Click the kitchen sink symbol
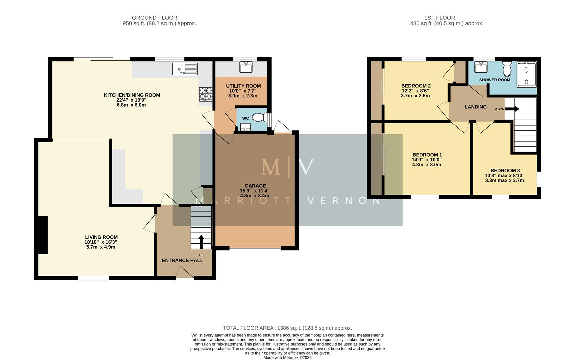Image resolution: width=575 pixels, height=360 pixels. [185, 69]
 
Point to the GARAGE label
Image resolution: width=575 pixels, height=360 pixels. [255, 186]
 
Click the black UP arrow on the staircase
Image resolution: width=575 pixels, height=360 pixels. [201, 242]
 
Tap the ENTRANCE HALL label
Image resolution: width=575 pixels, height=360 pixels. [182, 260]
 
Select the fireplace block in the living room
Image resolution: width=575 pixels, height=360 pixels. [43, 235]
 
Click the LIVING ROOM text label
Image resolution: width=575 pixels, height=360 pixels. [101, 237]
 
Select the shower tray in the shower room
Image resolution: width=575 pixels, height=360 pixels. [526, 75]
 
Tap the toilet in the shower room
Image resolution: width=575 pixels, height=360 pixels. [507, 69]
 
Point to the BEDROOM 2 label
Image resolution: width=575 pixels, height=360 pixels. [416, 86]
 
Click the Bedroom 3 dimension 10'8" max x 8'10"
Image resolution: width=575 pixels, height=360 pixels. [504, 175]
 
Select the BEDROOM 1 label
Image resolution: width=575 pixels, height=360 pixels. [427, 155]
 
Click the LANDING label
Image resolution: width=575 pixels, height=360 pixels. [475, 107]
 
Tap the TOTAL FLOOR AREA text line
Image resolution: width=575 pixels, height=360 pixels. [287, 328]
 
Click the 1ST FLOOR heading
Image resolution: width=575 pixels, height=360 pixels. [439, 18]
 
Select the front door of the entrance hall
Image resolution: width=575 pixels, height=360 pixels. [185, 274]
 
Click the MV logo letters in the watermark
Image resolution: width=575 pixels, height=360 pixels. [287, 167]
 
